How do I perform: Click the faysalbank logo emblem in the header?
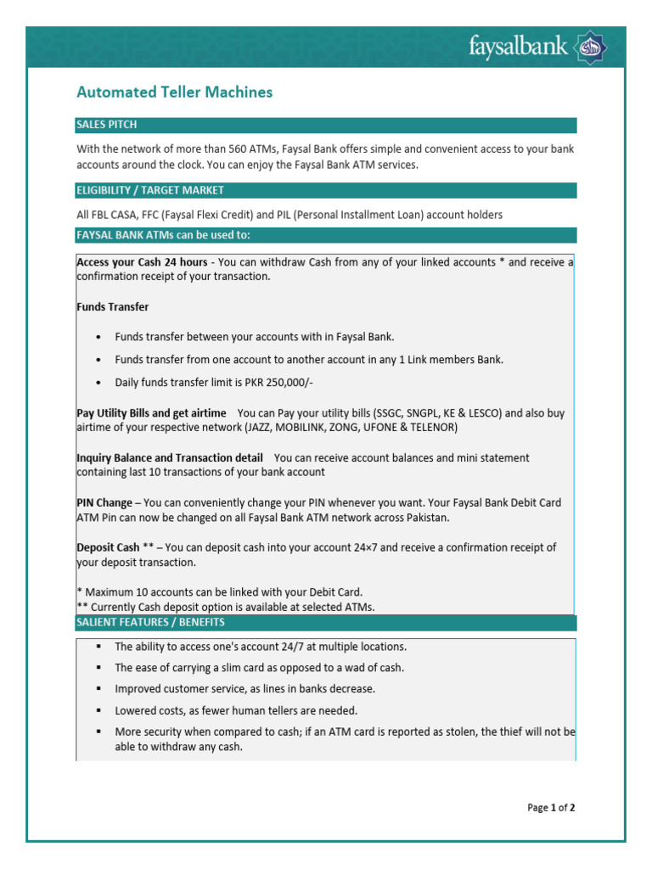[x=592, y=48]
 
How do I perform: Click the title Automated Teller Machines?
[x=175, y=92]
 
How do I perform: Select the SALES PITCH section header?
[x=106, y=126]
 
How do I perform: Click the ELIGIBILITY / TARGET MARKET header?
[x=150, y=190]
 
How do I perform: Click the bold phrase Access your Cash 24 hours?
[x=142, y=262]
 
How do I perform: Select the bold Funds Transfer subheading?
[x=113, y=306]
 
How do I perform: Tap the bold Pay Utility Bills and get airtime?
[x=151, y=413]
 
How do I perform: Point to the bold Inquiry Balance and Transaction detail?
[x=170, y=457]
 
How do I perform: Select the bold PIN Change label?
[x=104, y=502]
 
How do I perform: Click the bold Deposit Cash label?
[x=108, y=547]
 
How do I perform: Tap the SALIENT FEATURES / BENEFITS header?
[x=150, y=622]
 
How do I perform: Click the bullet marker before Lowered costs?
[x=99, y=710]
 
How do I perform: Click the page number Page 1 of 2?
[x=551, y=808]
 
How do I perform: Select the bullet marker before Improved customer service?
[x=99, y=689]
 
